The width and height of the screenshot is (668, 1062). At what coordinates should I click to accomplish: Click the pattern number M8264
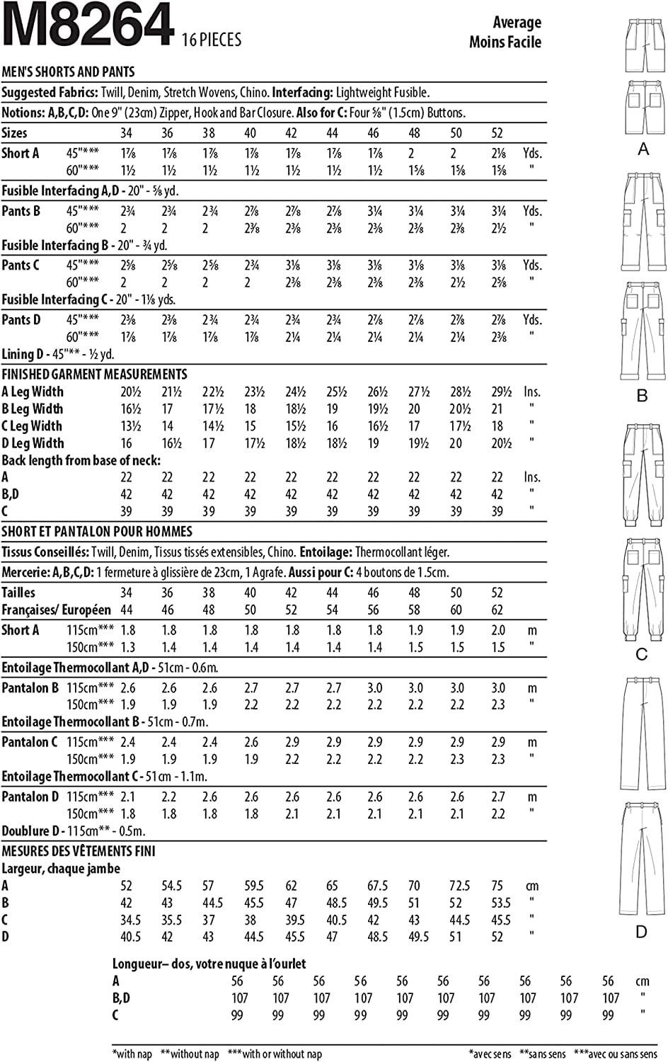(88, 26)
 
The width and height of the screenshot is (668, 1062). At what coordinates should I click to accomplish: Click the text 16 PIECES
(212, 40)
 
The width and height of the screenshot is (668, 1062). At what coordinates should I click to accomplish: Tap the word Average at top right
(517, 23)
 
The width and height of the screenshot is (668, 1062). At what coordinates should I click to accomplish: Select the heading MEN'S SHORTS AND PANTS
(69, 72)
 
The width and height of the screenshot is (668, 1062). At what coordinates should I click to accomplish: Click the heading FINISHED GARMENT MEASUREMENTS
(94, 374)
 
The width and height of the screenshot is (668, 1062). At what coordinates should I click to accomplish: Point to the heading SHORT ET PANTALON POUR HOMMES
(97, 532)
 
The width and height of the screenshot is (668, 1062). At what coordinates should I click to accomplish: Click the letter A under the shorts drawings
(643, 149)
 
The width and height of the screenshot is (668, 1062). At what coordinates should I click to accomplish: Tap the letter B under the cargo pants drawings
(643, 395)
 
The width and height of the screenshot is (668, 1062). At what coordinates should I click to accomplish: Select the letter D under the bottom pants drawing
(641, 932)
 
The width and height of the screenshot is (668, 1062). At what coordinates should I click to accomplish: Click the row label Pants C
(21, 265)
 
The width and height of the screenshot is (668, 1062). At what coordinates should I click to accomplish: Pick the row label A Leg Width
(33, 392)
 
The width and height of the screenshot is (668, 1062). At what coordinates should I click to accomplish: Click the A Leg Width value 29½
(501, 392)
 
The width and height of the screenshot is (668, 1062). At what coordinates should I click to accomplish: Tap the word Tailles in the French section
(18, 593)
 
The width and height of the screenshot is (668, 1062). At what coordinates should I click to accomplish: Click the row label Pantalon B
(30, 688)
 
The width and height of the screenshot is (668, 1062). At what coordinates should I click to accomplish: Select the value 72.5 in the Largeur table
(459, 886)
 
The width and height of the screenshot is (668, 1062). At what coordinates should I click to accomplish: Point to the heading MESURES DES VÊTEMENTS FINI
(79, 851)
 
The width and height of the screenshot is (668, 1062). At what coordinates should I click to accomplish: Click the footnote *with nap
(132, 1054)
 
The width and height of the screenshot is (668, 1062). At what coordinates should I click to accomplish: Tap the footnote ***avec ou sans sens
(616, 1054)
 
